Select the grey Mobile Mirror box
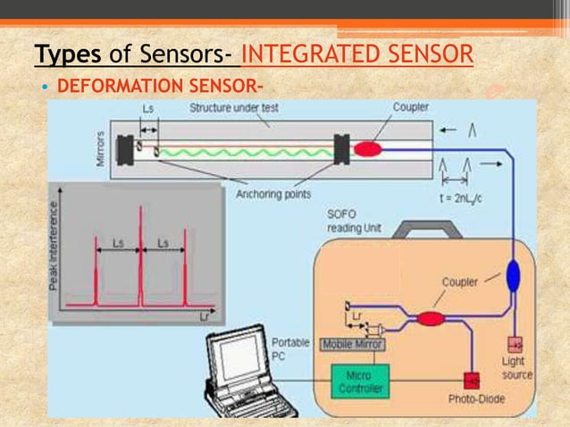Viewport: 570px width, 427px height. tap(352, 344)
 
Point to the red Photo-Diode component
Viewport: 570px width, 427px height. tap(471, 379)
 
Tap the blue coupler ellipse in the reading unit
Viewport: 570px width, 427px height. tap(512, 275)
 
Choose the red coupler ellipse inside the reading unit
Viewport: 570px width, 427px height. tap(431, 318)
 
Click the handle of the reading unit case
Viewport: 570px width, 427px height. tap(428, 230)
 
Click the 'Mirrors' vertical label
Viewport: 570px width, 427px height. tap(99, 147)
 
